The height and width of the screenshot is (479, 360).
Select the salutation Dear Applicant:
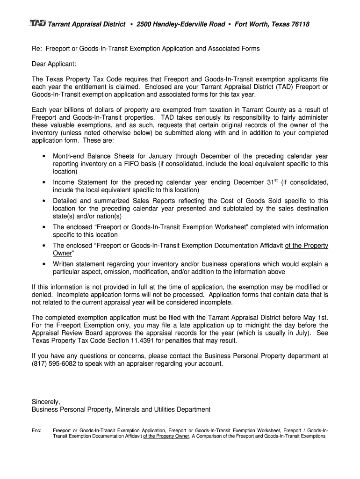pyautogui.click(x=54, y=63)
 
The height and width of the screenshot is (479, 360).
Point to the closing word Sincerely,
pyautogui.click(x=46, y=401)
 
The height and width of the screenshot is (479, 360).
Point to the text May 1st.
pyautogui.click(x=317, y=318)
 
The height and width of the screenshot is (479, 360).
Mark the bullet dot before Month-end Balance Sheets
pyautogui.click(x=43, y=156)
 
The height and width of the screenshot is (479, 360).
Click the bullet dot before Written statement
pyautogui.click(x=43, y=264)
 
